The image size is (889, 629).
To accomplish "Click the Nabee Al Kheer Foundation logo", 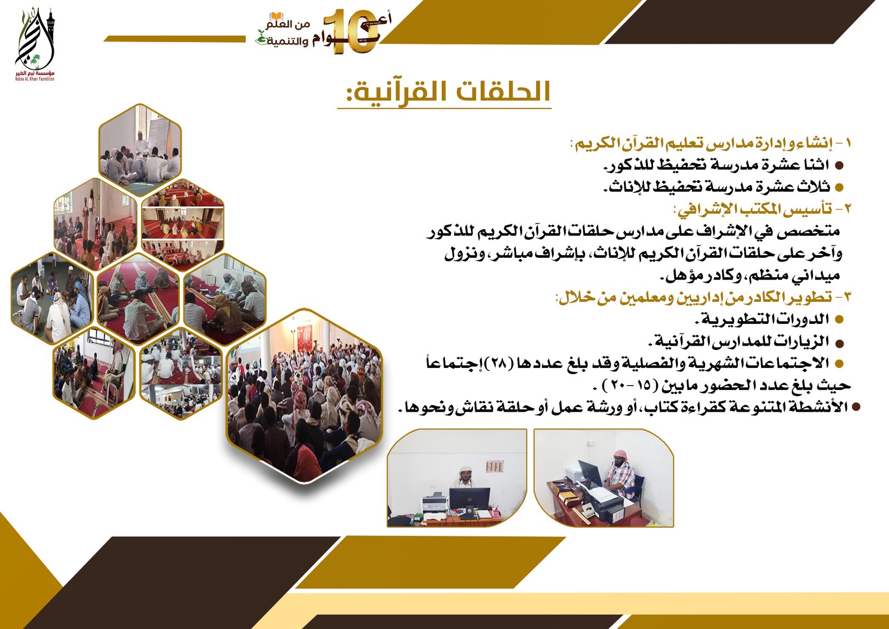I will pyautogui.click(x=34, y=44).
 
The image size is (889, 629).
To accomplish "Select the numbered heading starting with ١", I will pyautogui.click(x=711, y=143).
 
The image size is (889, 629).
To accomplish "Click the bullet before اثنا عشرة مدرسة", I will pyautogui.click(x=839, y=166).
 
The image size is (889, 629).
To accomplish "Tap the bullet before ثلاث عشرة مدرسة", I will pyautogui.click(x=839, y=187).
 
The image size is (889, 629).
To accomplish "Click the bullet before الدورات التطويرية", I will pyautogui.click(x=839, y=320).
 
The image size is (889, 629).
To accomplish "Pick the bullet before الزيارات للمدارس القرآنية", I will pyautogui.click(x=839, y=343).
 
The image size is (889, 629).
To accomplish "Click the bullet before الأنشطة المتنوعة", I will pyautogui.click(x=856, y=407).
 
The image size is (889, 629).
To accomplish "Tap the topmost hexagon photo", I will pyautogui.click(x=140, y=149).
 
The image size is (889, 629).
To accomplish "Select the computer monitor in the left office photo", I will pyautogui.click(x=470, y=498).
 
